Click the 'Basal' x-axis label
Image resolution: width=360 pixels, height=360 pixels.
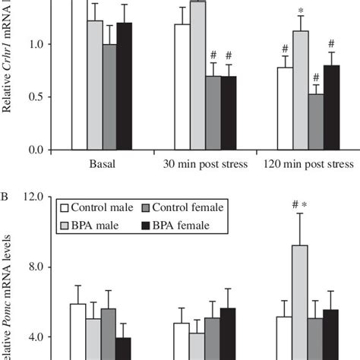click(x=103, y=164)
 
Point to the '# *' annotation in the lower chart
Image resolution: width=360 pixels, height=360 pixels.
click(x=299, y=204)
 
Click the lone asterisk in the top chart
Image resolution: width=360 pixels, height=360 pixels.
click(x=302, y=11)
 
